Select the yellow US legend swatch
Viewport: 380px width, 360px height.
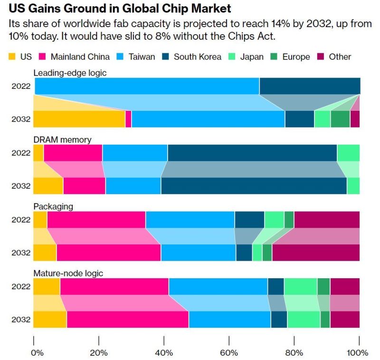click(12, 57)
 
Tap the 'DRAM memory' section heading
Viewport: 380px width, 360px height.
click(62, 140)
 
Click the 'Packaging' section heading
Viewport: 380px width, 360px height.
click(53, 207)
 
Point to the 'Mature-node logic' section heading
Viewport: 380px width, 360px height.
click(68, 273)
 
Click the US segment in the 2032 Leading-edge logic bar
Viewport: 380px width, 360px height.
click(79, 119)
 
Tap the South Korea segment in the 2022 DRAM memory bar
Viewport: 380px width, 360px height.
click(252, 153)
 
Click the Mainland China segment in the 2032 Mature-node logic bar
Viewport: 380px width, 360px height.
click(127, 319)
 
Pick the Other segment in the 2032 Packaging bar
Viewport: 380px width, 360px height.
click(315, 253)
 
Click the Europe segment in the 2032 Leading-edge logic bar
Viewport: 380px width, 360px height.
click(340, 119)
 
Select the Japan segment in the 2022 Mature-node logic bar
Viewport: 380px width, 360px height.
click(300, 287)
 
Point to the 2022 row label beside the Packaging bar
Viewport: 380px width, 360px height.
click(21, 220)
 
